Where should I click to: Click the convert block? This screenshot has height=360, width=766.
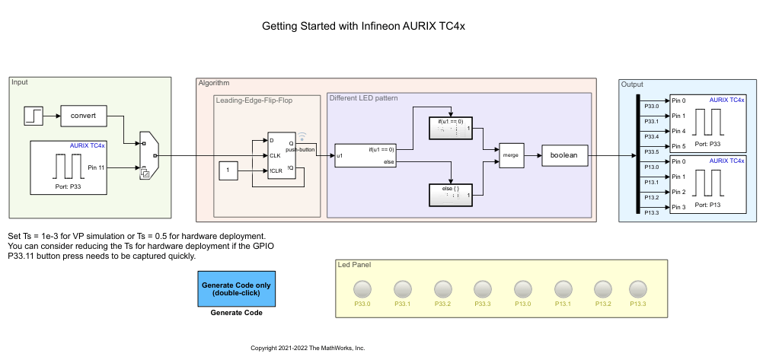point(82,116)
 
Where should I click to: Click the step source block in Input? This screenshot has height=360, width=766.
point(35,116)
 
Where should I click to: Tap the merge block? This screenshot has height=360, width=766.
point(510,156)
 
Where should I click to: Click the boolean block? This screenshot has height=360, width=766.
point(564,156)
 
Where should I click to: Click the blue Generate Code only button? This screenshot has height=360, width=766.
point(236,289)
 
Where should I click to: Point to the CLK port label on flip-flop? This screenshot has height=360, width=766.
point(276,155)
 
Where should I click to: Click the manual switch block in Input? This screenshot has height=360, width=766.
point(148,155)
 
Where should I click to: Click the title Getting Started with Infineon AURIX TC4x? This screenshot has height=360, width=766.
point(363,26)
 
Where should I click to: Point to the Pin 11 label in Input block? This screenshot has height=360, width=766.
point(96,167)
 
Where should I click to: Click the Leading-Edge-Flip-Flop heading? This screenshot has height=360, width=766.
point(254,100)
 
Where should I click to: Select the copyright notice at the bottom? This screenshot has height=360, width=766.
point(308,348)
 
